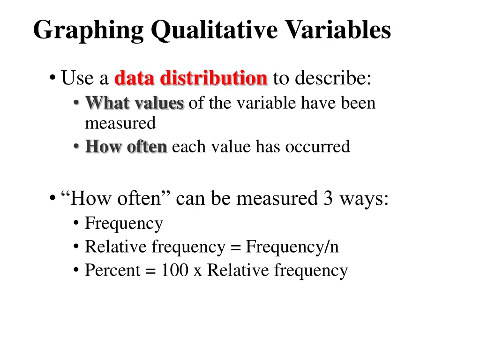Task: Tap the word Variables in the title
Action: point(337,30)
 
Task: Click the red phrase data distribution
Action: point(191,78)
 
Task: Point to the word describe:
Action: point(333,78)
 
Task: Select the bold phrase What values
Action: point(135,103)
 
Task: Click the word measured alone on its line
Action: point(120,123)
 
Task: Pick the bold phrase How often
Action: point(126,147)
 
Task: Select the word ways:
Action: point(364,199)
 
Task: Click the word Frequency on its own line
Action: point(124,224)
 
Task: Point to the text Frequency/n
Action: point(292,247)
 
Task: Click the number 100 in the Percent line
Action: point(174,270)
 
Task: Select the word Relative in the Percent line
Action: point(239,270)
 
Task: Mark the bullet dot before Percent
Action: point(76,271)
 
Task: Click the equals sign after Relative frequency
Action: point(235,247)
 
